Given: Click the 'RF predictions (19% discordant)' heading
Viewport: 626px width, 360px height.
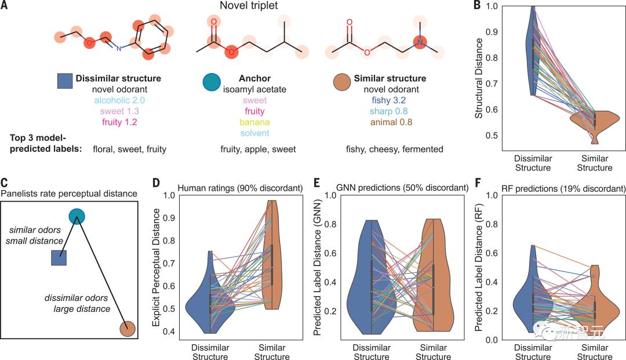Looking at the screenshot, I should [x=556, y=188].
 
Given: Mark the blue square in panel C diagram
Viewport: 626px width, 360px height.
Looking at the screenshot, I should [x=60, y=257].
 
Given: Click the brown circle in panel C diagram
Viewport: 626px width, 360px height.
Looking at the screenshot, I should [x=128, y=329].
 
